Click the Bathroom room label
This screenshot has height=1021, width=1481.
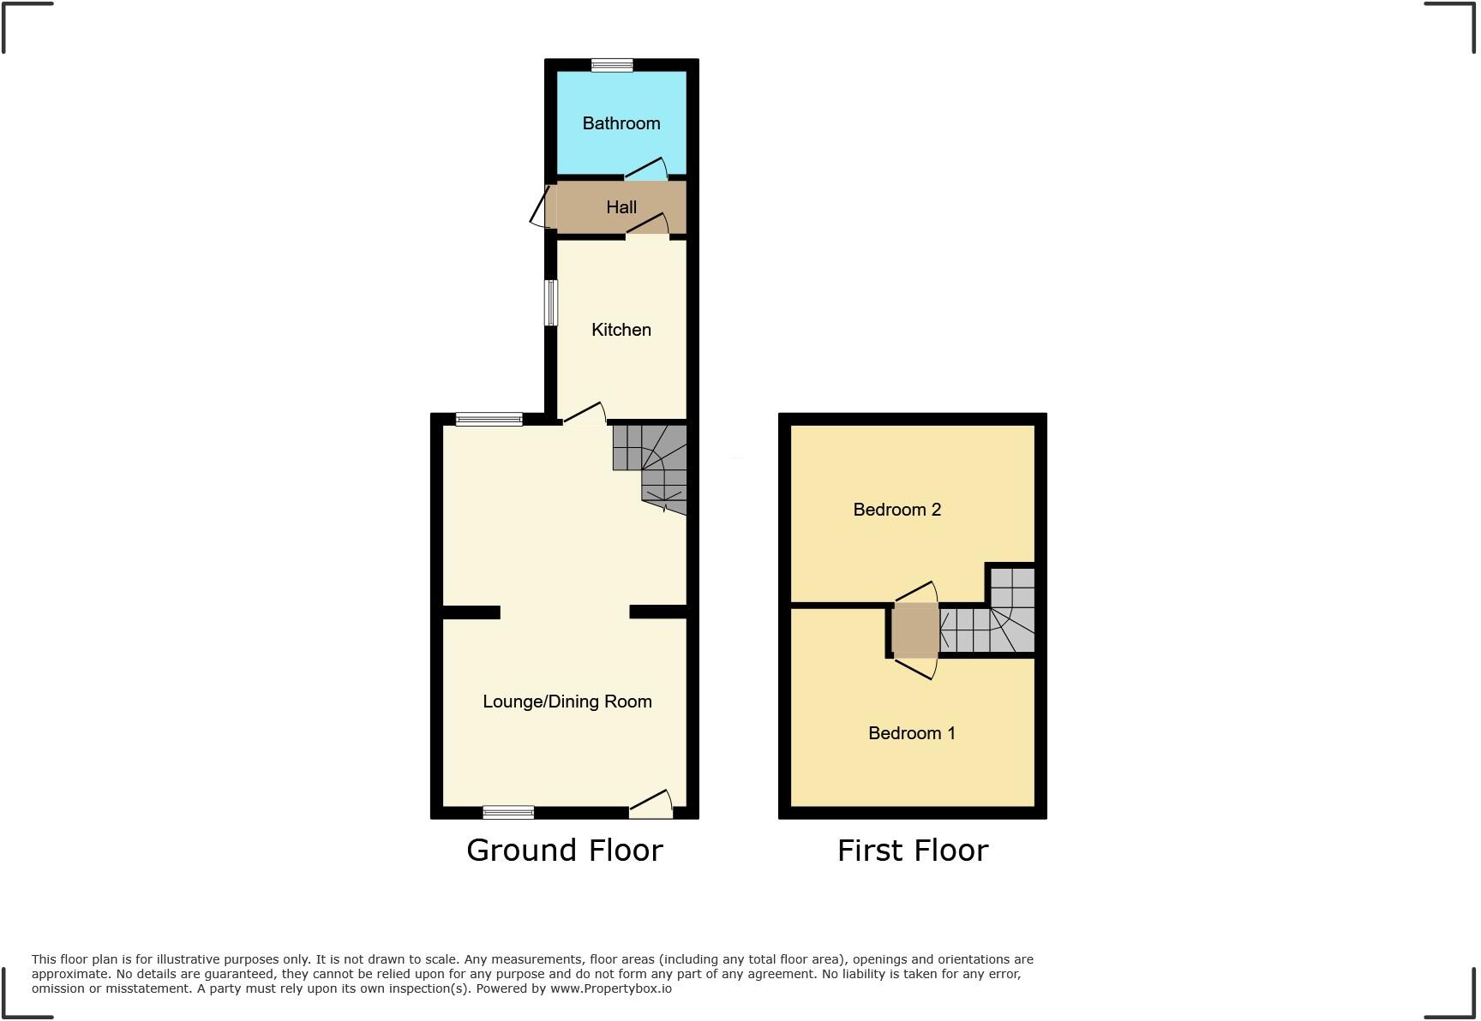[x=621, y=123]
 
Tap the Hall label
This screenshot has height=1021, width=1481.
[x=621, y=207]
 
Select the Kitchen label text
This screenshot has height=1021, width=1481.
[x=621, y=330]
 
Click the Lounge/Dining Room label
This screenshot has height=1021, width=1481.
[x=567, y=702]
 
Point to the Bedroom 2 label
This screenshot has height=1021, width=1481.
[x=896, y=510]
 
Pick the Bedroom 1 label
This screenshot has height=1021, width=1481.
[x=911, y=733]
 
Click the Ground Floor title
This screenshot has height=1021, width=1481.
[x=564, y=851]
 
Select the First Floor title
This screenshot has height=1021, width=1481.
[x=912, y=851]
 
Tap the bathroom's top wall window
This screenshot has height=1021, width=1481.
[x=612, y=65]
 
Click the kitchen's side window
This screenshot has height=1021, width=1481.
[x=552, y=303]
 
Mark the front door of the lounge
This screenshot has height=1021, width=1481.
[x=651, y=804]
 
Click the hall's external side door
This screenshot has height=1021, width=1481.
[x=542, y=206]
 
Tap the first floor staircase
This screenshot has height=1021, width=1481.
[x=994, y=621]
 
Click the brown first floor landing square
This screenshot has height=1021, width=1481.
[x=914, y=630]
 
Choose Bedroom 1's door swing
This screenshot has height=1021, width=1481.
[x=915, y=667]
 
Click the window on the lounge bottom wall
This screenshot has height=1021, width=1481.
[x=508, y=812]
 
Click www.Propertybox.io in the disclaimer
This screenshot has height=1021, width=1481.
[x=610, y=988]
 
